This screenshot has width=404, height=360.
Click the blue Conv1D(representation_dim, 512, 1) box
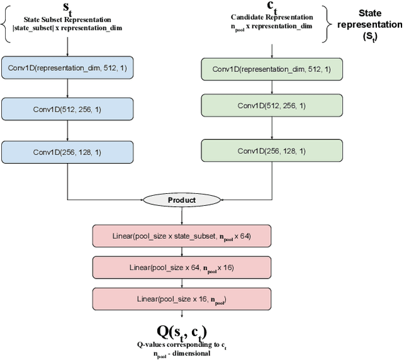tap(67, 68)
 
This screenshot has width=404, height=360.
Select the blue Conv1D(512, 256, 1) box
tap(67, 109)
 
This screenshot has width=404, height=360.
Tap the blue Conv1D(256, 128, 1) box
tap(67, 152)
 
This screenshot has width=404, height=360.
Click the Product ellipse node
tap(182, 200)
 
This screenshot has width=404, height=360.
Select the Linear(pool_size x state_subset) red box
tap(182, 237)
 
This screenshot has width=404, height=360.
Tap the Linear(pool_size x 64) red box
tap(182, 268)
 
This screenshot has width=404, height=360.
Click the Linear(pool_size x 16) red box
tap(182, 298)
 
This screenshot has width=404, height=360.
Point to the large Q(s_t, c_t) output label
tap(182, 332)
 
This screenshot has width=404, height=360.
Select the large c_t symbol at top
tap(272, 8)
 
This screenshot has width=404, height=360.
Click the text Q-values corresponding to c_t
tap(182, 344)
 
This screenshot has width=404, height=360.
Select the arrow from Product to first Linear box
tap(182, 215)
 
